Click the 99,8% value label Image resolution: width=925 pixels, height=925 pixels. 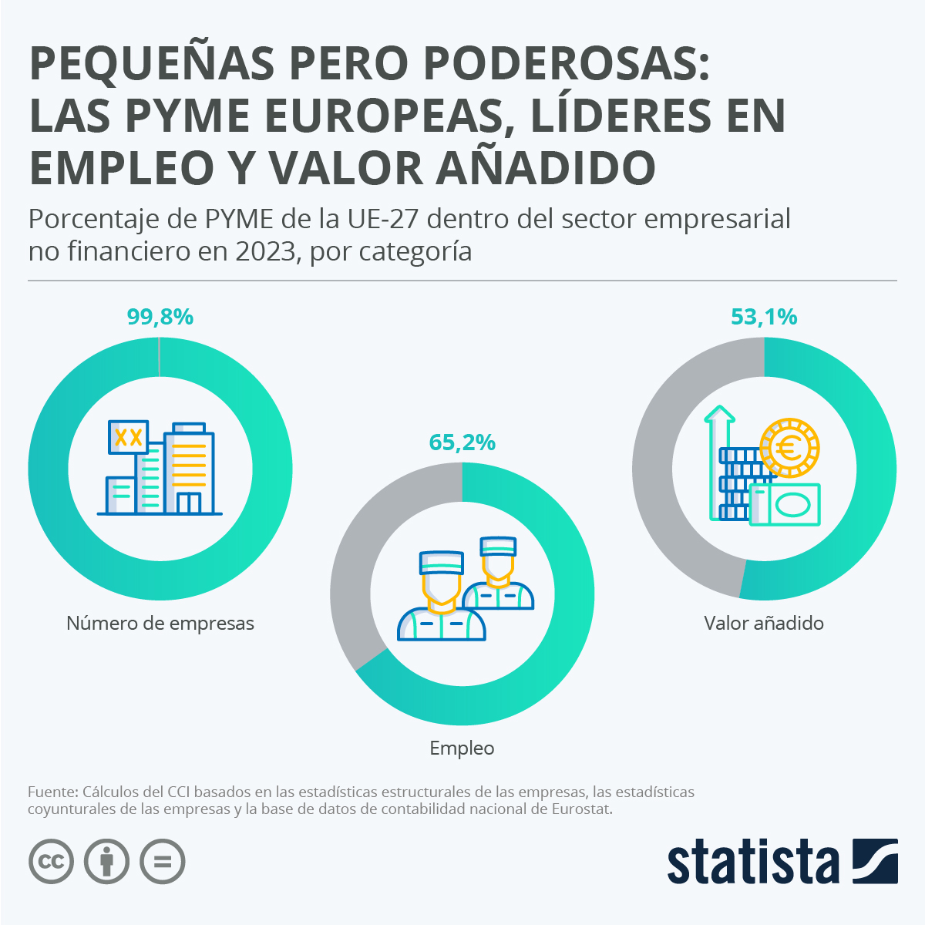pos(160,317)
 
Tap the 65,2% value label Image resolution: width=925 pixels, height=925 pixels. pos(462,442)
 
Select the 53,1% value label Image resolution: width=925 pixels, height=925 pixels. pos(764,317)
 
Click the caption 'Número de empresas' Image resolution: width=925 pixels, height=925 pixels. pos(160,623)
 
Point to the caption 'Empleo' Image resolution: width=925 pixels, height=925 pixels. pos(462,748)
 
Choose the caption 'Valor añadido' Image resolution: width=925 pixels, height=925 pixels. pos(764,623)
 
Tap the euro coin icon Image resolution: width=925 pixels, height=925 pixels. pos(789,448)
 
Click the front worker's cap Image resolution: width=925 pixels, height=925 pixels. pos(442,562)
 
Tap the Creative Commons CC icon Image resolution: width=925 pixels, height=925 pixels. pos(52,861)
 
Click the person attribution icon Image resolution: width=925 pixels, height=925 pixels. pos(107,861)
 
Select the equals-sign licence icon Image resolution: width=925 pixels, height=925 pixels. pos(163,861)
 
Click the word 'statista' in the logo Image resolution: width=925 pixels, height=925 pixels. pos(753,861)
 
